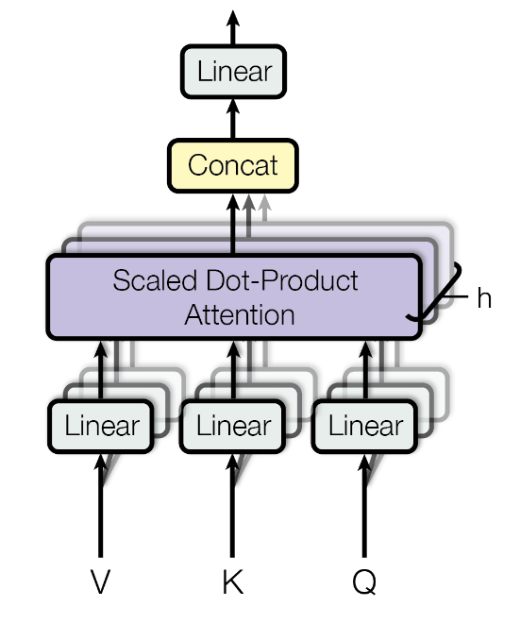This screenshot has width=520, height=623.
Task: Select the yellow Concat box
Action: coord(232,165)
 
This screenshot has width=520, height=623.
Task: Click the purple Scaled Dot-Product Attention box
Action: coord(233,296)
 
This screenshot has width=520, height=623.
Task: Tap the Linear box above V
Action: coord(101,426)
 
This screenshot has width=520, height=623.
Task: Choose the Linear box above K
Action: coord(233,426)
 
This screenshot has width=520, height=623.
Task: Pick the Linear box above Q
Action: coord(364,426)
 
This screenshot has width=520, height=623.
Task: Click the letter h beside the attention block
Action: coord(483,299)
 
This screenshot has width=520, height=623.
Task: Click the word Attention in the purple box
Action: coord(239,313)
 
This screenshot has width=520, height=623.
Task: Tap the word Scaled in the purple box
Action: coord(147,280)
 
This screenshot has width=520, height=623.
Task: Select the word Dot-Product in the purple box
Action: coord(274,280)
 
